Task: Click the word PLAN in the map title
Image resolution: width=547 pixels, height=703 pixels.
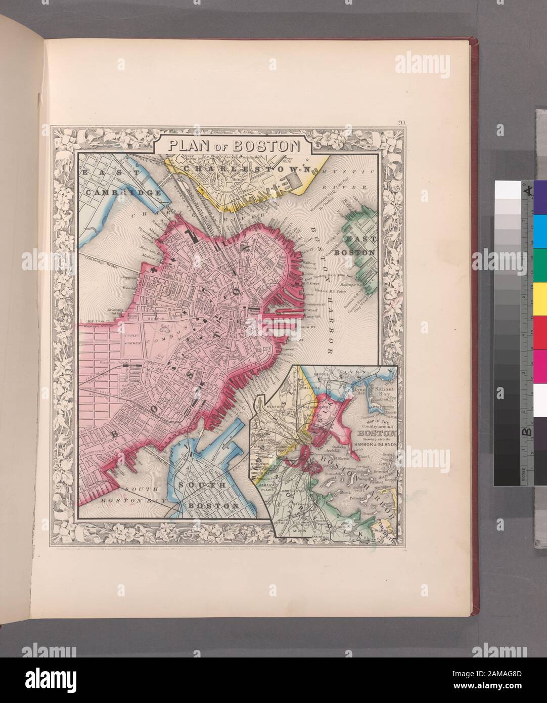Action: [x=185, y=145]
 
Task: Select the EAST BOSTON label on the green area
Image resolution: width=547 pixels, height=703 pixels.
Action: [x=359, y=246]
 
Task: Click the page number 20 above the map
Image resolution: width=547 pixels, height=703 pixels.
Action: [x=402, y=121]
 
